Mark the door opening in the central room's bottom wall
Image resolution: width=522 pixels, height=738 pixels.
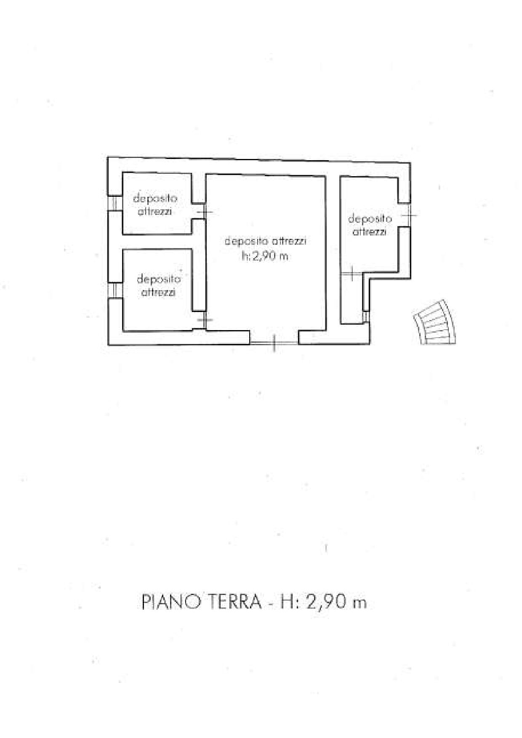click(274, 343)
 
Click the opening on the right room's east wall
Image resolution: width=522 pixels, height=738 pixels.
click(405, 215)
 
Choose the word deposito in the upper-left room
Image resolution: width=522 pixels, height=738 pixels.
click(155, 198)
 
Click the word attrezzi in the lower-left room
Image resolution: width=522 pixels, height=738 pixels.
click(158, 293)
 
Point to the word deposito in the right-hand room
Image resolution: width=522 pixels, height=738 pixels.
click(370, 219)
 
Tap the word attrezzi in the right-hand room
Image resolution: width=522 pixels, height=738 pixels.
click(369, 232)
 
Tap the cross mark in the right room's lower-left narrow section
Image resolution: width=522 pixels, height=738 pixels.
click(351, 274)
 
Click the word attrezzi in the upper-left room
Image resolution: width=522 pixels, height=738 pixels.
click(155, 212)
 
